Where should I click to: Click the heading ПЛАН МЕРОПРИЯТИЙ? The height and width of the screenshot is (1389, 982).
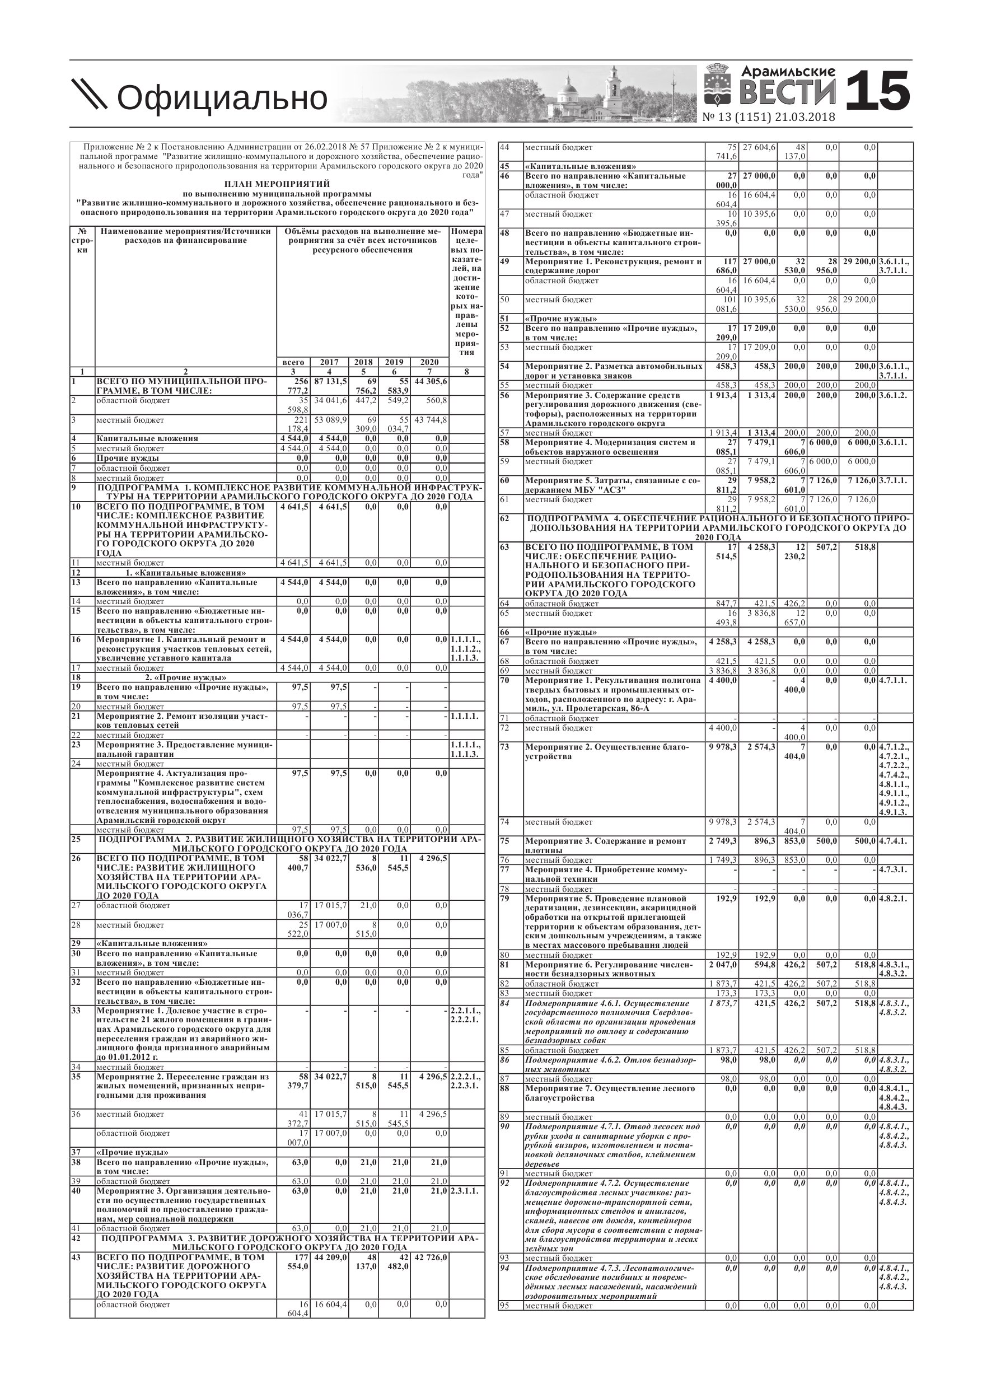click(x=277, y=183)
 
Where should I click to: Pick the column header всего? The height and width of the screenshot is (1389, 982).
click(x=293, y=362)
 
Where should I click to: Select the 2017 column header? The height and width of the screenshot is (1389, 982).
click(x=329, y=362)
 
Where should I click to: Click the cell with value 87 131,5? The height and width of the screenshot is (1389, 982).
click(x=330, y=381)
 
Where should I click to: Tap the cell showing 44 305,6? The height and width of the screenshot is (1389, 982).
click(x=430, y=381)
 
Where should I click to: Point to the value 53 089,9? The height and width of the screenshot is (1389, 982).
click(x=330, y=419)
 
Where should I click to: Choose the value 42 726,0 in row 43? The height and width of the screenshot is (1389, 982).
click(x=430, y=1256)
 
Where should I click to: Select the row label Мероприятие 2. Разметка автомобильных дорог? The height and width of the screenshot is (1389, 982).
click(x=614, y=370)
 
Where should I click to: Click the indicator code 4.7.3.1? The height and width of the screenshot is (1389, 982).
click(x=893, y=869)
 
